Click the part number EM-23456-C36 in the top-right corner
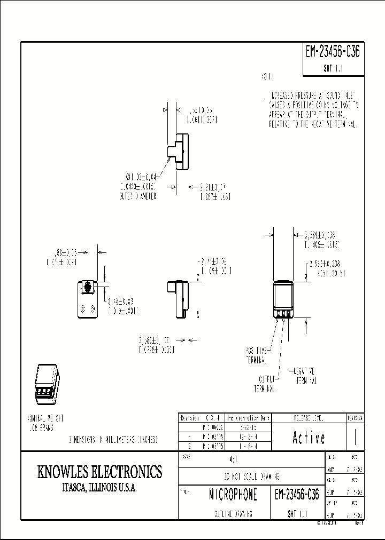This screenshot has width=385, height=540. (333, 52)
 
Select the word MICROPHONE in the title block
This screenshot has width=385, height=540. (233, 495)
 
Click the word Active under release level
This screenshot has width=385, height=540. (309, 438)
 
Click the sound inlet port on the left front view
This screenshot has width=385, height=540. (86, 288)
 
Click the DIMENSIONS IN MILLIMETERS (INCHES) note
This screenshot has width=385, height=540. (112, 440)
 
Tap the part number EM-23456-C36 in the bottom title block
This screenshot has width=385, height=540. (297, 495)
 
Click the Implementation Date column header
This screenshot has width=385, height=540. (249, 418)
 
